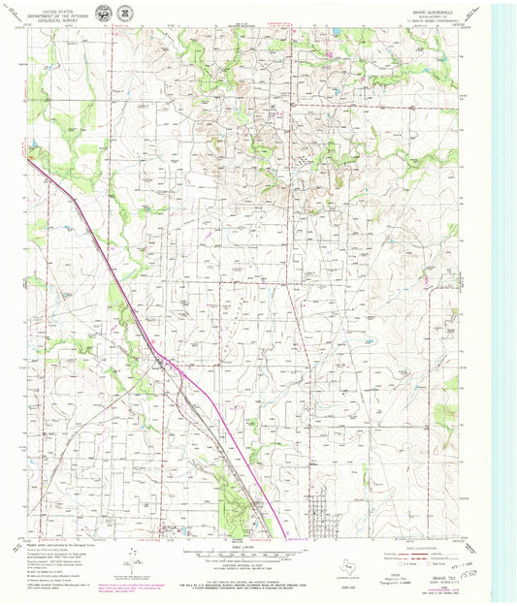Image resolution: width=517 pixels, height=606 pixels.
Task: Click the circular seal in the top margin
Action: (123, 13)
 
